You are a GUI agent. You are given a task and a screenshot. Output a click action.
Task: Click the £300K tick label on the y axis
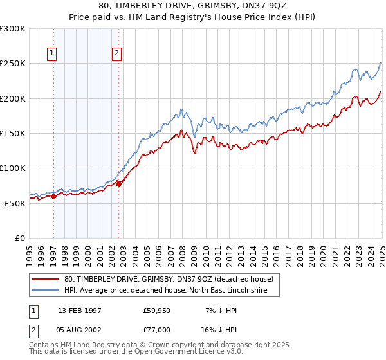point(13,29)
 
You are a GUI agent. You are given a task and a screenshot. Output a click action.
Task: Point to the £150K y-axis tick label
point(13,133)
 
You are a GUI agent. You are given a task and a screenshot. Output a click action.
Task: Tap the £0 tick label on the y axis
point(20,238)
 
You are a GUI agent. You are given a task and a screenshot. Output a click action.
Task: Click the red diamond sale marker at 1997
point(53,196)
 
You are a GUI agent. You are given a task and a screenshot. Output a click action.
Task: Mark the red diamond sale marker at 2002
point(118,184)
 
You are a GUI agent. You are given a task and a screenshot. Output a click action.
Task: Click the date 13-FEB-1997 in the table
point(80,310)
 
